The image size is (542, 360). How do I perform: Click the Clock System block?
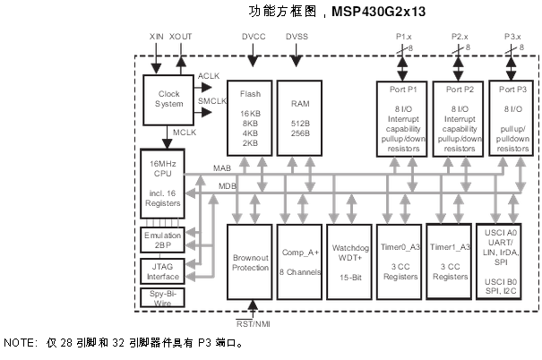(168, 99)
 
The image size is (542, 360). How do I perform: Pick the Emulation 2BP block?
(161, 240)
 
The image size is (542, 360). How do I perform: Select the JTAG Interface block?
(161, 270)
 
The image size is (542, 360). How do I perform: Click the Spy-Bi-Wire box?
(161, 297)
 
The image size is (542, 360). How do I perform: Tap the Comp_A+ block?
(299, 261)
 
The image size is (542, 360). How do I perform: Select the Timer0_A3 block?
(400, 261)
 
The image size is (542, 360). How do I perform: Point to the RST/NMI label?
(254, 324)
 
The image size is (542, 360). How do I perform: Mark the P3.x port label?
(511, 37)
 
